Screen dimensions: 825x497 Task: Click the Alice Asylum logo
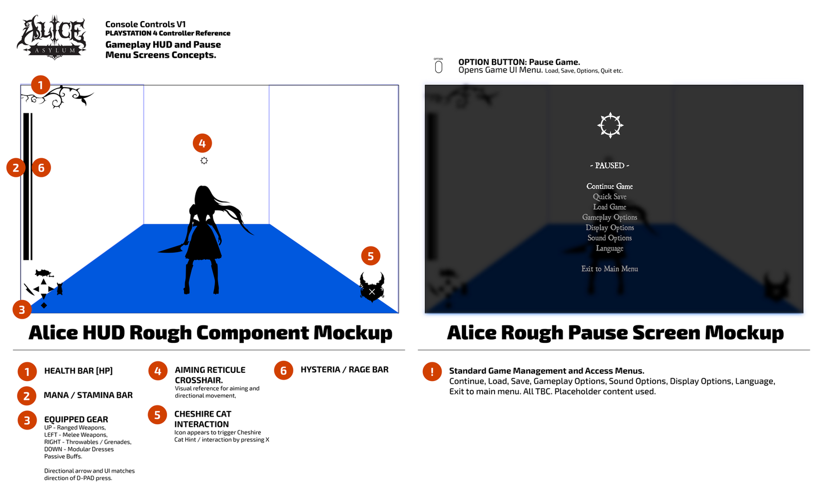52,37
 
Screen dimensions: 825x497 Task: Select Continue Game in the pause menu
609,186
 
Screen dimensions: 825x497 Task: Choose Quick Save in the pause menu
609,196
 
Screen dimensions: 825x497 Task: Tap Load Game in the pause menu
609,207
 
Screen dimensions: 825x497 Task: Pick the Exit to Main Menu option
609,269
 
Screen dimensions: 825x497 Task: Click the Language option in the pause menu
609,248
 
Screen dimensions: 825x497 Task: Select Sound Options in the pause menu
609,238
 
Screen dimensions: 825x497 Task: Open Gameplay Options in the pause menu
609,217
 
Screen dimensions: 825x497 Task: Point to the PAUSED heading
609,165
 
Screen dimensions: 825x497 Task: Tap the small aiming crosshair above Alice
204,160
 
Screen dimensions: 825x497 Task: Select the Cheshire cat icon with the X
372,288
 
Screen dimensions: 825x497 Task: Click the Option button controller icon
438,67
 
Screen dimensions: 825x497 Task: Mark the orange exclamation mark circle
432,372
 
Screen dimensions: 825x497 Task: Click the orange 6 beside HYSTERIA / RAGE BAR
284,370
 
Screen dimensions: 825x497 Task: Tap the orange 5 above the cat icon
371,256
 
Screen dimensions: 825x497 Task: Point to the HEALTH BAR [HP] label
78,371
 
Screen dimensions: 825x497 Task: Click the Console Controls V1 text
145,24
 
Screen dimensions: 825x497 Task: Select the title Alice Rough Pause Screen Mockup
615,333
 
